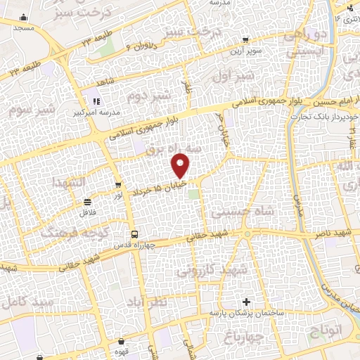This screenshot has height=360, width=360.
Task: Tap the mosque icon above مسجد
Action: point(23,17)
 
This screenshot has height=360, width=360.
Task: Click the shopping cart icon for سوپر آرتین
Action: point(244,40)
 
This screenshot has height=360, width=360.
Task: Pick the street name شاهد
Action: point(107,82)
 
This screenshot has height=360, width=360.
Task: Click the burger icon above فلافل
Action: point(86,202)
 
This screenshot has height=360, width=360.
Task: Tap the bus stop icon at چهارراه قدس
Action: point(133,234)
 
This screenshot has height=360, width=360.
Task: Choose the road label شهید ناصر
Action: point(333,233)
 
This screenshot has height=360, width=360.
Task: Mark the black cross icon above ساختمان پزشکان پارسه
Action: point(244,302)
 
